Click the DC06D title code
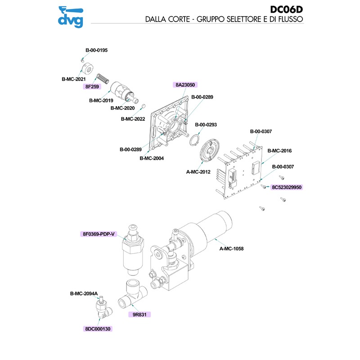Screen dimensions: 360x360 click(287, 10)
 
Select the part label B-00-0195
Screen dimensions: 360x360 click(96, 50)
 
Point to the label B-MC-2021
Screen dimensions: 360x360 click(73, 79)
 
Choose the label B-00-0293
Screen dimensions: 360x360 click(206, 125)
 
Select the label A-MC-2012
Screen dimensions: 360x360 click(198, 171)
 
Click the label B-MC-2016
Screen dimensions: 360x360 click(280, 151)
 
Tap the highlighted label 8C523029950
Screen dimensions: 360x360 click(286, 187)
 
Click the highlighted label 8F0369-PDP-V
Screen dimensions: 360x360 click(99, 234)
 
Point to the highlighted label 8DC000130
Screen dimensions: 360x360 click(98, 329)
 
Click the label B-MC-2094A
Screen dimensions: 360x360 click(84, 294)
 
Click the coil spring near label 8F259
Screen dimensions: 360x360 click(103, 78)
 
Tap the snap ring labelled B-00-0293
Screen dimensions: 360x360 click(194, 139)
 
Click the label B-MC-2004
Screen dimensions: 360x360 click(152, 158)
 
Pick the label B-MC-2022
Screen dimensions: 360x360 click(133, 119)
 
